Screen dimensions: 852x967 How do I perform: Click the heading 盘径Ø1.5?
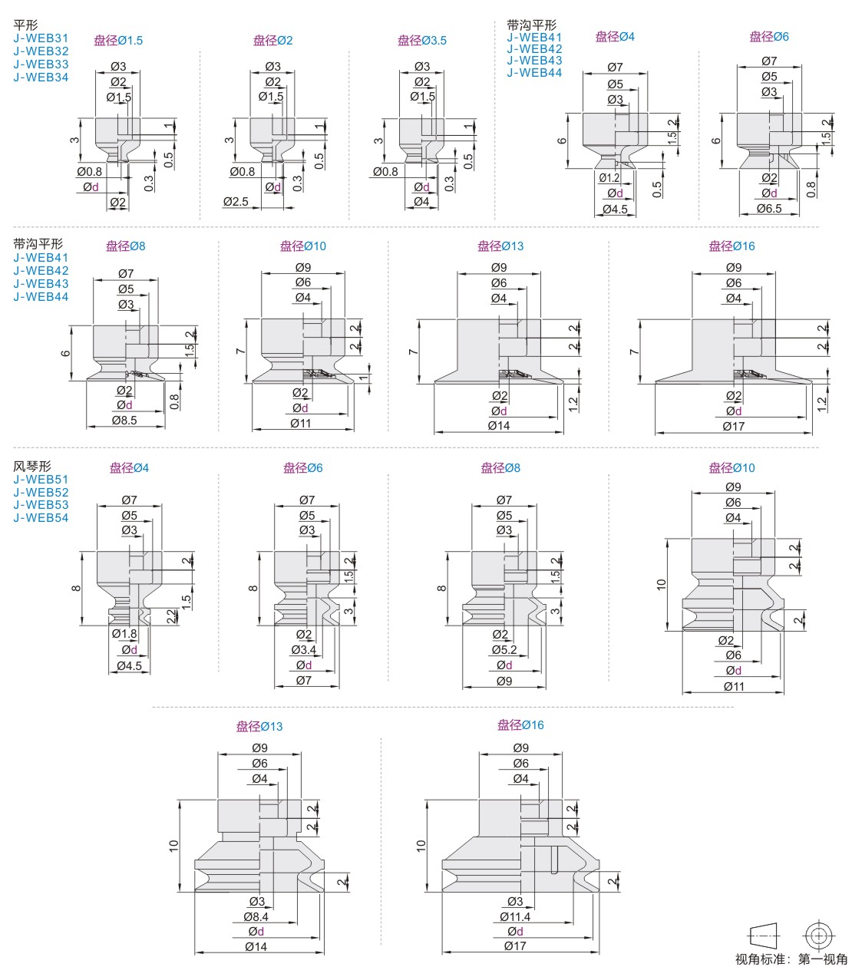118,41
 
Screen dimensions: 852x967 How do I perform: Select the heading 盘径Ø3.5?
422,41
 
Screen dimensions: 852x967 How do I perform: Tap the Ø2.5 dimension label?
236,201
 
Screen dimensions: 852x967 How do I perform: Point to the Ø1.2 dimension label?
609,178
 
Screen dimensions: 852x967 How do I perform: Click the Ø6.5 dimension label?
769,209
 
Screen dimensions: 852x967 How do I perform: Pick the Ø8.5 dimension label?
124,421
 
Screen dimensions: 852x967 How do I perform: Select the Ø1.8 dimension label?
124,634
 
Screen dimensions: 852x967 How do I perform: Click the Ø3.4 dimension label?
303,649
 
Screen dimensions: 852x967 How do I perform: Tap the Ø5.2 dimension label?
504,649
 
